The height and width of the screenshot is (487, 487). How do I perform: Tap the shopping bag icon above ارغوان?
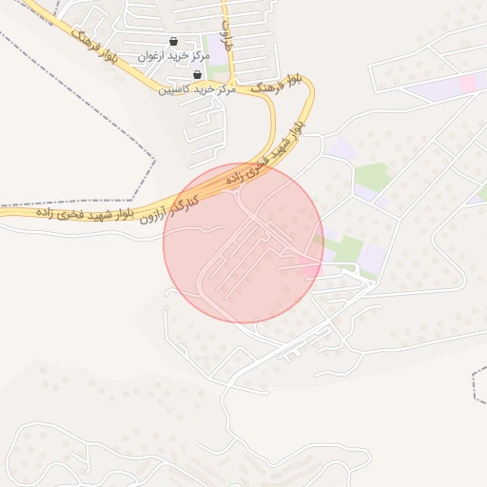coord(172,42)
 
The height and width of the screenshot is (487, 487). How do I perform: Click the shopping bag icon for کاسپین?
coord(197,74)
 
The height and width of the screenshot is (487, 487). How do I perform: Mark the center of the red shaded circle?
coord(243,243)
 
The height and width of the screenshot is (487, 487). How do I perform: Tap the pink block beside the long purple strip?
coord(468,84)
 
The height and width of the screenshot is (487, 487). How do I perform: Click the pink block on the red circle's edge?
coord(312,261)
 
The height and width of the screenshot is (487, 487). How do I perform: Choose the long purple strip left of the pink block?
coord(433,91)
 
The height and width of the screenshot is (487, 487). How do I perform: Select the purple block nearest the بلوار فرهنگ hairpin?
coord(340,149)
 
